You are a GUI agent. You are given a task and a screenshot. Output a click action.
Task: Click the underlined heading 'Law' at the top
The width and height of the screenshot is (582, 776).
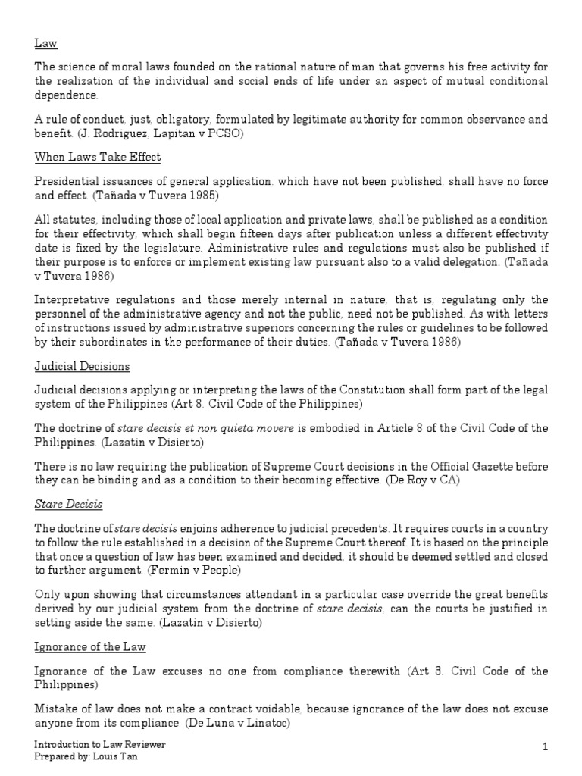[45, 45]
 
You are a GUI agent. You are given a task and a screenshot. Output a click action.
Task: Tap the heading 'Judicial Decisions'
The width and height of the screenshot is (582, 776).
[83, 367]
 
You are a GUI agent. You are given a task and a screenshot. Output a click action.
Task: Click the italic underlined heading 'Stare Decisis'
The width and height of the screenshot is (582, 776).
[69, 503]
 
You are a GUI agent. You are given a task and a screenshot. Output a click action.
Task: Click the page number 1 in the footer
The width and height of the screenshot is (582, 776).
[545, 749]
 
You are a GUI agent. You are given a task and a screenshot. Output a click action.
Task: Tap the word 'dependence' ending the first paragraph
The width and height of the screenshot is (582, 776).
[66, 96]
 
